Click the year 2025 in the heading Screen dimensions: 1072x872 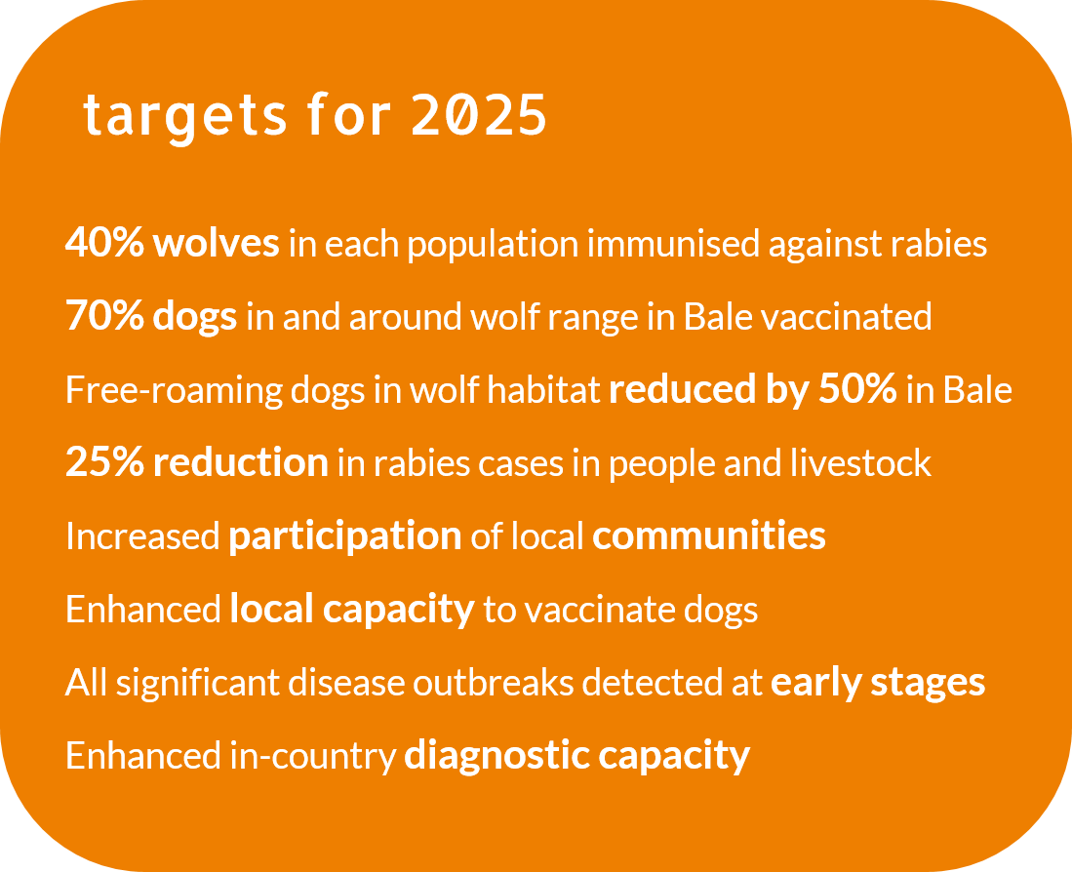tap(479, 114)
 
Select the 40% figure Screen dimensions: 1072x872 tap(104, 243)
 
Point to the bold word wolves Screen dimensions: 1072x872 tap(216, 243)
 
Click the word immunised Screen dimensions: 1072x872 tap(673, 244)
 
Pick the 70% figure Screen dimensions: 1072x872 tap(104, 316)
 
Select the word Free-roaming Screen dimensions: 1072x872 tap(174, 391)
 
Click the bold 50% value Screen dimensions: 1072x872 tap(857, 389)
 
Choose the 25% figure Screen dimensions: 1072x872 tap(104, 462)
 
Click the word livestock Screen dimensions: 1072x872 tap(860, 462)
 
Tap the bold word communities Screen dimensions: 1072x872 tap(709, 535)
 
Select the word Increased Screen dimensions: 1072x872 tap(142, 535)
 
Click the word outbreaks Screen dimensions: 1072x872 tap(493, 682)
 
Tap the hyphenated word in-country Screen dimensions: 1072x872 tap(313, 757)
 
